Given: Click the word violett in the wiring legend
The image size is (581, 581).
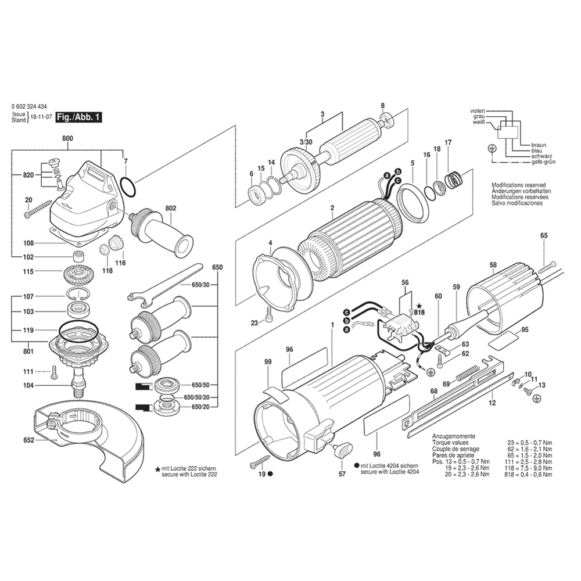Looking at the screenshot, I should click(x=478, y=110).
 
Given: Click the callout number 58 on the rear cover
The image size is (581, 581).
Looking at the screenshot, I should click(x=493, y=266).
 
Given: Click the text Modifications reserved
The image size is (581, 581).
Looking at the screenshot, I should click(x=521, y=184).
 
